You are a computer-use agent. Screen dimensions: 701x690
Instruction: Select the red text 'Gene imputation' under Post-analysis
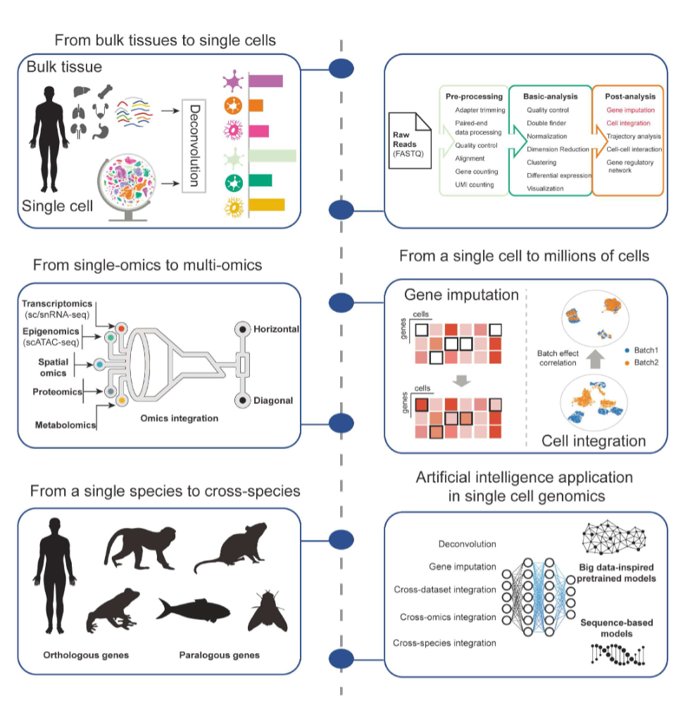[630, 110]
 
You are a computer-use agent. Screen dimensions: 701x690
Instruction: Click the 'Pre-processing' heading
[474, 96]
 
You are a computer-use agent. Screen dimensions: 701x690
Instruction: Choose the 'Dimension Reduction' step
[558, 149]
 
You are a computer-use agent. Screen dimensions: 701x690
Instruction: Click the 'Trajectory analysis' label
[634, 136]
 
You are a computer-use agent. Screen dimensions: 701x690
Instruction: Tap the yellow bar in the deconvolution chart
[265, 205]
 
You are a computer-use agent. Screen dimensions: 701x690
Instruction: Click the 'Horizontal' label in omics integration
[277, 329]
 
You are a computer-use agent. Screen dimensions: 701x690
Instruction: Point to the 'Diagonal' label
[275, 400]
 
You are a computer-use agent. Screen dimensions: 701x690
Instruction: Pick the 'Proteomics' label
[57, 391]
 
